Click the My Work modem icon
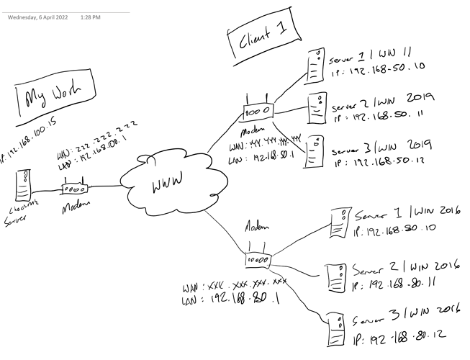[73, 189]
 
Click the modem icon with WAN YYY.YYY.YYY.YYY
[257, 111]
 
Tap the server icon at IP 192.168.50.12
[313, 151]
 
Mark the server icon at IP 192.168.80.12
[332, 328]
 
